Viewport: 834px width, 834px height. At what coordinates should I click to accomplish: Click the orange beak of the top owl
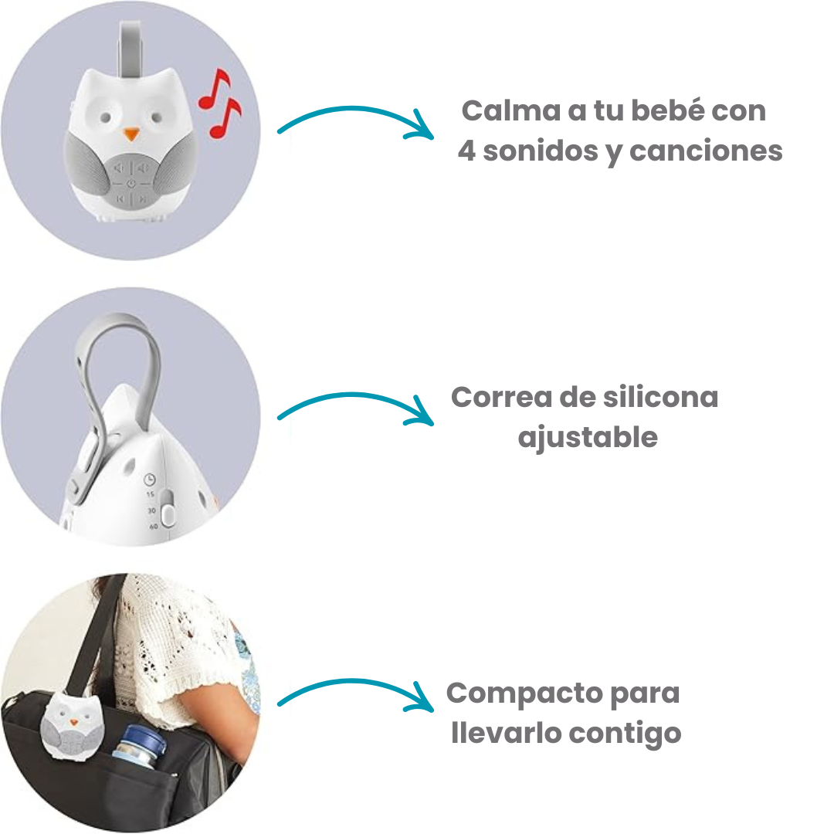coord(132,134)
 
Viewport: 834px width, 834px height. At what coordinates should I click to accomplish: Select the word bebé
coord(663,110)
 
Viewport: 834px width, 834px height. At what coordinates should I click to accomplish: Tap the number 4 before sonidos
coord(466,151)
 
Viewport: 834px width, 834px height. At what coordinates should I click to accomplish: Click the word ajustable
coord(587,438)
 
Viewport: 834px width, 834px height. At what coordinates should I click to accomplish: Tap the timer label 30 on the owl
coord(151,510)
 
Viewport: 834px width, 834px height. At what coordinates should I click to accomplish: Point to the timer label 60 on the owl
coord(153,527)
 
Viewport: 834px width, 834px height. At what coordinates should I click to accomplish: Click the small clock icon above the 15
coord(151,479)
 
